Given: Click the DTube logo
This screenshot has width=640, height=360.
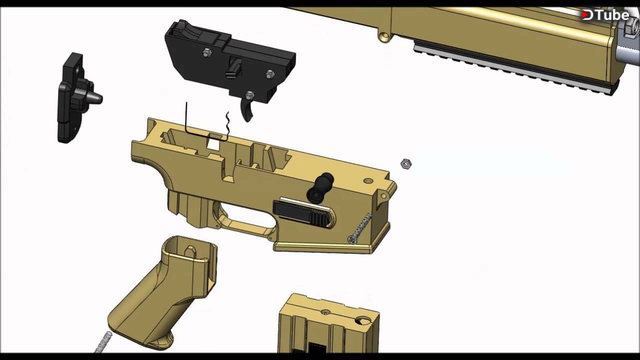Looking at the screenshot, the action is click(605, 15).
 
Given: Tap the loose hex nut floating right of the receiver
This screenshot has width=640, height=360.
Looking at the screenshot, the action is click(405, 164).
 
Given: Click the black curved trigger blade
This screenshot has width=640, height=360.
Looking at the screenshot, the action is click(247, 111).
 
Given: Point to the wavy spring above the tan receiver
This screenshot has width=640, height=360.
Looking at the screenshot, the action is click(227, 124).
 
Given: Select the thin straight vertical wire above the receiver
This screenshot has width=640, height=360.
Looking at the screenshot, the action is click(187, 117).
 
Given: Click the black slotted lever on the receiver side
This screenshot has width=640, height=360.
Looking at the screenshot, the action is click(303, 212).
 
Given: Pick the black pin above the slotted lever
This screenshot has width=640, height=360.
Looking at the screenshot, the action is click(320, 187).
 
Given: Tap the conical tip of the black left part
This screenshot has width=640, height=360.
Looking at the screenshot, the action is click(96, 98).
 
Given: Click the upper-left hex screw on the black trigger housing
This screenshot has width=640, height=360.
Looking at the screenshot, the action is click(207, 52).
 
